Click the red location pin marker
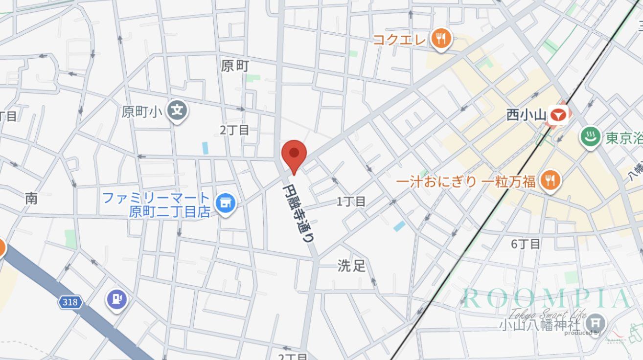pos(294,154)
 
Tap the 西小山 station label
pos(526,115)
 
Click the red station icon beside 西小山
pos(558,115)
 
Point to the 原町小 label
pos(142,112)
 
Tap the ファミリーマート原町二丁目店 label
pos(156,205)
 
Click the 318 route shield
pos(70,302)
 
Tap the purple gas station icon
pos(116,299)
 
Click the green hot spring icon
pos(590,137)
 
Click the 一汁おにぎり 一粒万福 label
pos(466,182)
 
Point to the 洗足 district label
pos(351,266)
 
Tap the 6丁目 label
pos(526,244)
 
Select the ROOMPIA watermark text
pos(546,298)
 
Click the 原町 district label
pos(235,66)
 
